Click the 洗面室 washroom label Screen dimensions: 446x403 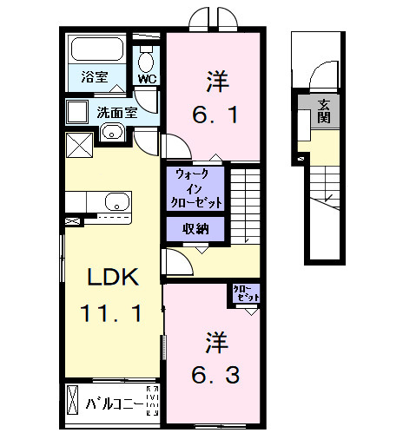click(x=115, y=111)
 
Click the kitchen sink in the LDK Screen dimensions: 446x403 click(x=116, y=203)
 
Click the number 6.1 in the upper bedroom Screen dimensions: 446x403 click(x=212, y=113)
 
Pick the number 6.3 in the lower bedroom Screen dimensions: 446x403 click(x=212, y=375)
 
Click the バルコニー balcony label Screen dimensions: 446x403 click(x=115, y=403)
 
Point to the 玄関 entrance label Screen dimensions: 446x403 click(x=323, y=110)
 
